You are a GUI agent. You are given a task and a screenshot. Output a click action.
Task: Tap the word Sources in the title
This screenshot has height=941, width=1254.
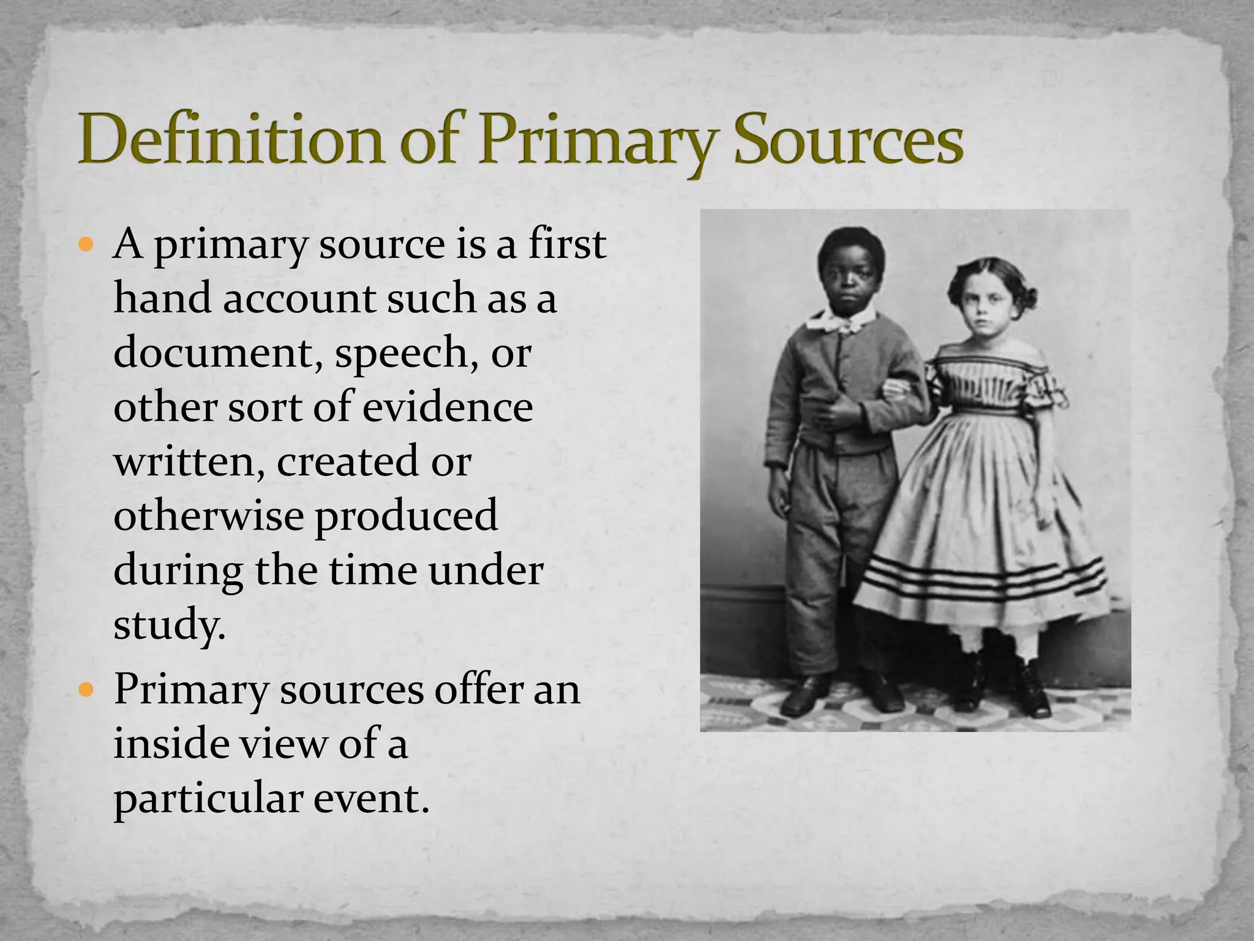point(848,140)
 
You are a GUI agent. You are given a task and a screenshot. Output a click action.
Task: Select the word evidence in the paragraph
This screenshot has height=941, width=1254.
point(447,407)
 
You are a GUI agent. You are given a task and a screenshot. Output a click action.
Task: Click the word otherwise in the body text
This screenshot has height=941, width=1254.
point(208,515)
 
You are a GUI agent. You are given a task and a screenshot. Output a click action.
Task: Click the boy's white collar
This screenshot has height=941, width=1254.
point(842,320)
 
